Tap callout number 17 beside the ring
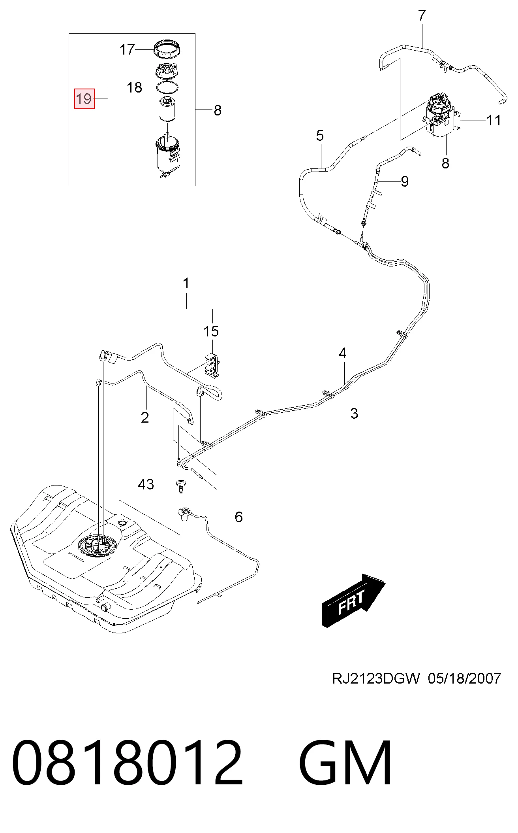128,50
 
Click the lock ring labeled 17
166,49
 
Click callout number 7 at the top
422,16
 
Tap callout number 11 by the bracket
493,120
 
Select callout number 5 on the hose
320,136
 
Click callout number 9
404,181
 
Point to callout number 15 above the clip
211,331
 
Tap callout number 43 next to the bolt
146,484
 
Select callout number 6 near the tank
238,517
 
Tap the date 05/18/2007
464,678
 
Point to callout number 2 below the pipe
145,417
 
